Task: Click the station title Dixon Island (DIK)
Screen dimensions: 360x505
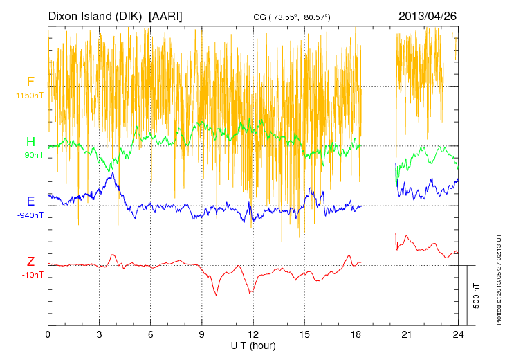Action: pos(96,15)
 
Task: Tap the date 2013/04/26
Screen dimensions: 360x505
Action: pos(427,15)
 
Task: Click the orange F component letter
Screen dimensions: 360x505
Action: pos(30,82)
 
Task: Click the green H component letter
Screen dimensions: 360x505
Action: pos(30,142)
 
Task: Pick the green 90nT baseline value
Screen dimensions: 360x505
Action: pos(31,155)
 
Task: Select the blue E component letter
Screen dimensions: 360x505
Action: pos(30,201)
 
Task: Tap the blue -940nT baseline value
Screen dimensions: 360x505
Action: pos(30,215)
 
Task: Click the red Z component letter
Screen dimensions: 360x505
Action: pos(30,262)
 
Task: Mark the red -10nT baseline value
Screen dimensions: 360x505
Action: pos(31,275)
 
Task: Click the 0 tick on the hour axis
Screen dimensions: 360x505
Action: pos(48,334)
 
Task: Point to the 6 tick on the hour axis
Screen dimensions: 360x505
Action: pos(150,334)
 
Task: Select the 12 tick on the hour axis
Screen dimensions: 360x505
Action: pos(253,334)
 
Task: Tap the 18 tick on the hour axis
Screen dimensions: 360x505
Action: pos(356,334)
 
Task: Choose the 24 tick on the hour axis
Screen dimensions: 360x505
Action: pos(458,334)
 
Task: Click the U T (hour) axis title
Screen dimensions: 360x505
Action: pos(253,345)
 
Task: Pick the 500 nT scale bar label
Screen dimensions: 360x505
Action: pos(477,296)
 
